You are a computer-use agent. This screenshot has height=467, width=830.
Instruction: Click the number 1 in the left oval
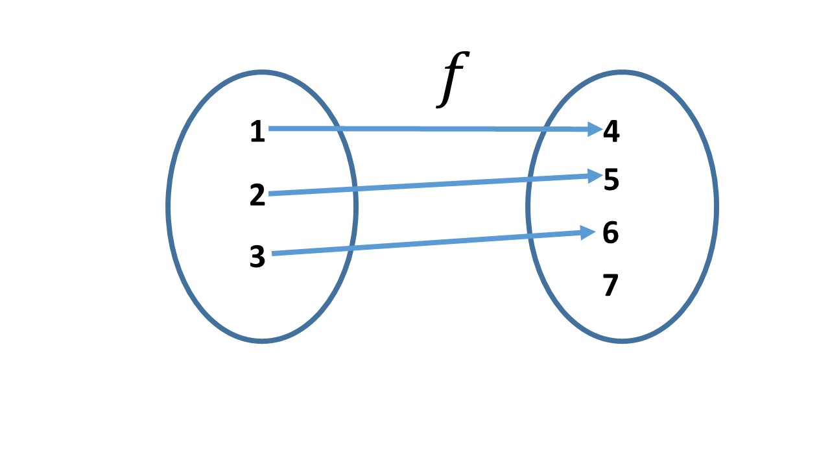click(x=257, y=132)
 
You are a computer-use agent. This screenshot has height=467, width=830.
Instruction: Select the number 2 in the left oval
click(x=257, y=195)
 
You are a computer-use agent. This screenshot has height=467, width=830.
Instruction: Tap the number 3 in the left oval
click(x=257, y=257)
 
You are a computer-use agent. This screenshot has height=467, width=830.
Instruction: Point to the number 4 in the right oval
click(x=611, y=132)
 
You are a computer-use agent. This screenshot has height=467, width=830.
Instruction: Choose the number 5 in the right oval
click(x=611, y=180)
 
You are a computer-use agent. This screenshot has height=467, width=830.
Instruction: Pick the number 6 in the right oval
click(x=610, y=233)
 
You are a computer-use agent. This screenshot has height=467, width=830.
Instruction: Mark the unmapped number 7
click(x=610, y=285)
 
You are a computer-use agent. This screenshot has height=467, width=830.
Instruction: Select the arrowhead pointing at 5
click(x=593, y=175)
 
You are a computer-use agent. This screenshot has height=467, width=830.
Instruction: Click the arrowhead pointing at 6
click(x=589, y=232)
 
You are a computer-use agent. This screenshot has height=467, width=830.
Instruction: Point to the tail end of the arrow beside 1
click(x=271, y=128)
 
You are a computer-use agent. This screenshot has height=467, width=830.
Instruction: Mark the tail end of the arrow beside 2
click(x=271, y=193)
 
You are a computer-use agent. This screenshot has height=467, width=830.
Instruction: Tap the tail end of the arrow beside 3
click(x=274, y=254)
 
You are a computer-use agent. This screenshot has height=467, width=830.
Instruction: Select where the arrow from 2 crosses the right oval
click(x=528, y=178)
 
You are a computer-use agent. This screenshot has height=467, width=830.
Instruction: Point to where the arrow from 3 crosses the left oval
click(x=350, y=248)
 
